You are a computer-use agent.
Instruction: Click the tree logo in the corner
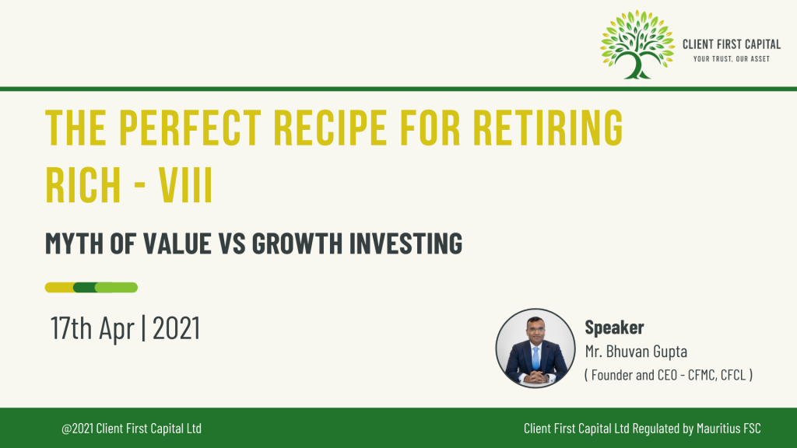click(637, 44)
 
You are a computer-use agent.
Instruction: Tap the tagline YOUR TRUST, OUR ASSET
click(732, 59)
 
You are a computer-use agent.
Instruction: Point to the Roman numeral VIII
click(185, 184)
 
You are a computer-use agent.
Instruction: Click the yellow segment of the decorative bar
click(59, 288)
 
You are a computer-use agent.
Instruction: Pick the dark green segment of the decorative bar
click(84, 288)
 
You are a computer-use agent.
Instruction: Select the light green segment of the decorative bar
click(117, 288)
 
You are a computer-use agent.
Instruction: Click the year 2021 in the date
click(177, 328)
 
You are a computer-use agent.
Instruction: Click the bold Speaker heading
click(615, 327)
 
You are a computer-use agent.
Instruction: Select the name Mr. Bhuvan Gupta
click(636, 352)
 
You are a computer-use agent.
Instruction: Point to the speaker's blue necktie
click(535, 358)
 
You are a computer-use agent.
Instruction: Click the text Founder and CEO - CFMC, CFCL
click(669, 376)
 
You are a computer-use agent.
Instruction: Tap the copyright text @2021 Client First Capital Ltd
click(132, 429)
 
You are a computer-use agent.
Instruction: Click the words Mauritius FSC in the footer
click(729, 429)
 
